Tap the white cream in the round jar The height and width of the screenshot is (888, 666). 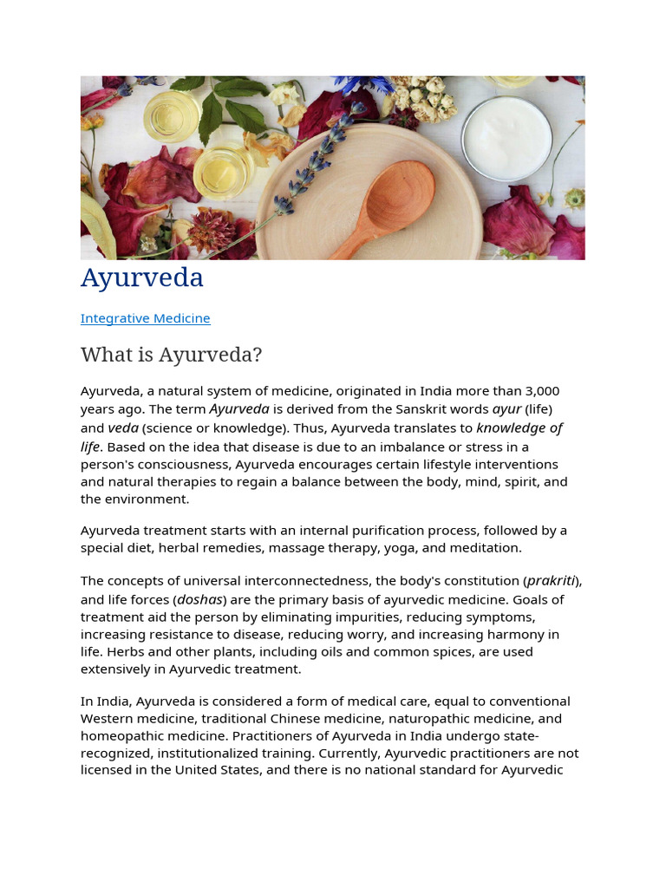pos(506,137)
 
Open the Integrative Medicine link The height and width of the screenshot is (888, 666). pos(145,318)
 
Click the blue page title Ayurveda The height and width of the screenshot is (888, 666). pos(142,277)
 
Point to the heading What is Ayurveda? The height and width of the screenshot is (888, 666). pos(171,355)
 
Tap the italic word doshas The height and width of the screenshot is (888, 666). pos(201,599)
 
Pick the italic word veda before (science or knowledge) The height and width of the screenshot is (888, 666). pos(123,428)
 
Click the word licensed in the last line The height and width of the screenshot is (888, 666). pos(107,770)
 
